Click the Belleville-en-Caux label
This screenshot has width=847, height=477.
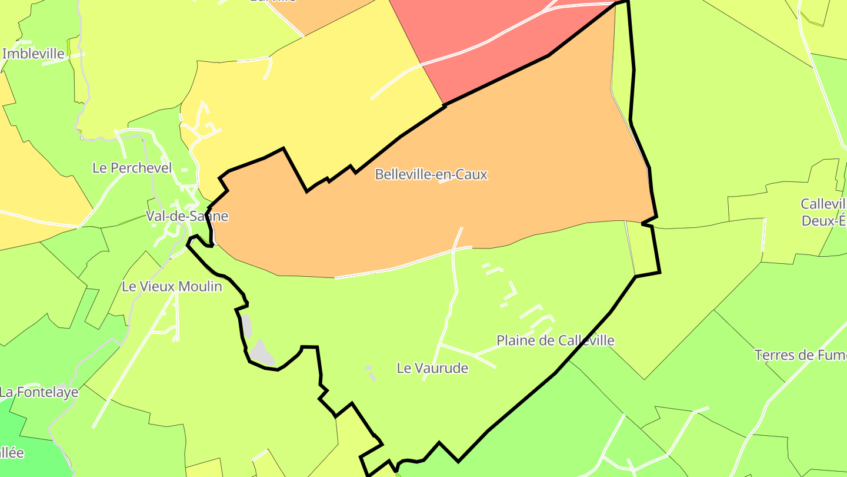pyautogui.click(x=431, y=174)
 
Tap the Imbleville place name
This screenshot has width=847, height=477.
pyautogui.click(x=33, y=54)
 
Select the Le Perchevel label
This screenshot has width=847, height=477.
pyautogui.click(x=132, y=168)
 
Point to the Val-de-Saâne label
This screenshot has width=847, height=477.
pyautogui.click(x=187, y=216)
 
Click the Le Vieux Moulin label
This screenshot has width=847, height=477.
pyautogui.click(x=172, y=287)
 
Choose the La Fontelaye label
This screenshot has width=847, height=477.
pyautogui.click(x=39, y=392)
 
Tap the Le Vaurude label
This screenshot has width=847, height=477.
pyautogui.click(x=432, y=368)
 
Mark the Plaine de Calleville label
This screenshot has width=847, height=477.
pyautogui.click(x=555, y=340)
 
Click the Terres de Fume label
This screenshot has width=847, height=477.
pyautogui.click(x=800, y=355)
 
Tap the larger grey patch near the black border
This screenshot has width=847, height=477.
pyautogui.click(x=262, y=352)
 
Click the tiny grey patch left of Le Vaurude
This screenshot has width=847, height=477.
pyautogui.click(x=369, y=369)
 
